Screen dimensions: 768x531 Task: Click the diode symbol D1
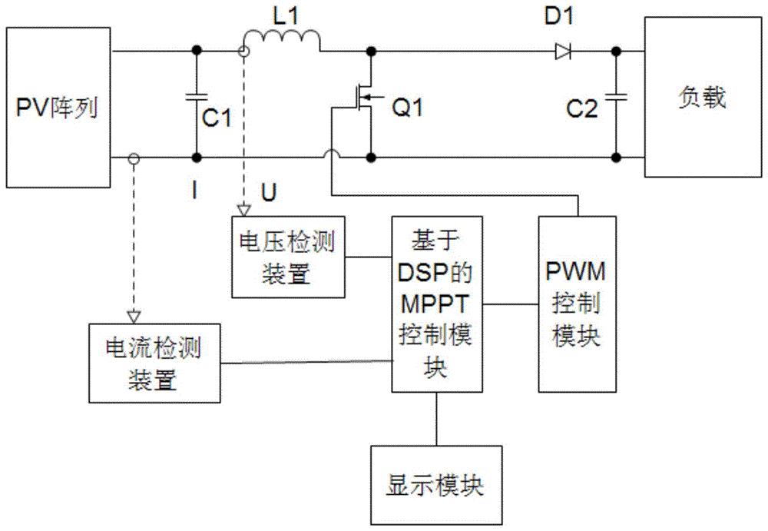click(562, 51)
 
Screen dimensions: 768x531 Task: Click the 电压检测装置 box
click(289, 257)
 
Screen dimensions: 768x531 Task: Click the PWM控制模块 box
click(577, 304)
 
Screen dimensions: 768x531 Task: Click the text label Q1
click(408, 109)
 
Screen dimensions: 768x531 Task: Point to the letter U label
click(267, 190)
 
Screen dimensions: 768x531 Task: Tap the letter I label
click(197, 190)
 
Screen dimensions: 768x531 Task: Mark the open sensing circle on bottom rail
click(134, 159)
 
